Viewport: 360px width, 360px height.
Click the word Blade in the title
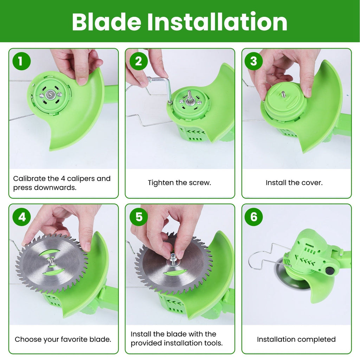pos(106,22)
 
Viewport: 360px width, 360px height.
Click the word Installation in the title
pos(217,22)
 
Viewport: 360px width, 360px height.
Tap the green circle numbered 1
pos(21,61)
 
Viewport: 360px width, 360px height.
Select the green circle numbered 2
pos(139,61)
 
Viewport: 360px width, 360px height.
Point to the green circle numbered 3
pos(253,61)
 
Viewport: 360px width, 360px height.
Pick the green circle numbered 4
pos(22,217)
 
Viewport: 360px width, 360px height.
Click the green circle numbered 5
pos(139,217)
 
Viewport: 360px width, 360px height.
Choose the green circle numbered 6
pos(254,217)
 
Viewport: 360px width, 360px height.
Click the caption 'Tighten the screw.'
pos(179,183)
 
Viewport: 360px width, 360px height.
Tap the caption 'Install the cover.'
pos(294,183)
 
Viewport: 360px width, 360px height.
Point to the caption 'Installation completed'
pos(296,339)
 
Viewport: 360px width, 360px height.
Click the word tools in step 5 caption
pos(213,343)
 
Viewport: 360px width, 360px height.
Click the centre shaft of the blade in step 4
pos(51,261)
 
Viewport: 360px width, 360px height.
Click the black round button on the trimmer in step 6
pos(330,271)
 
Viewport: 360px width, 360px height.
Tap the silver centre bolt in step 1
pos(50,94)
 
